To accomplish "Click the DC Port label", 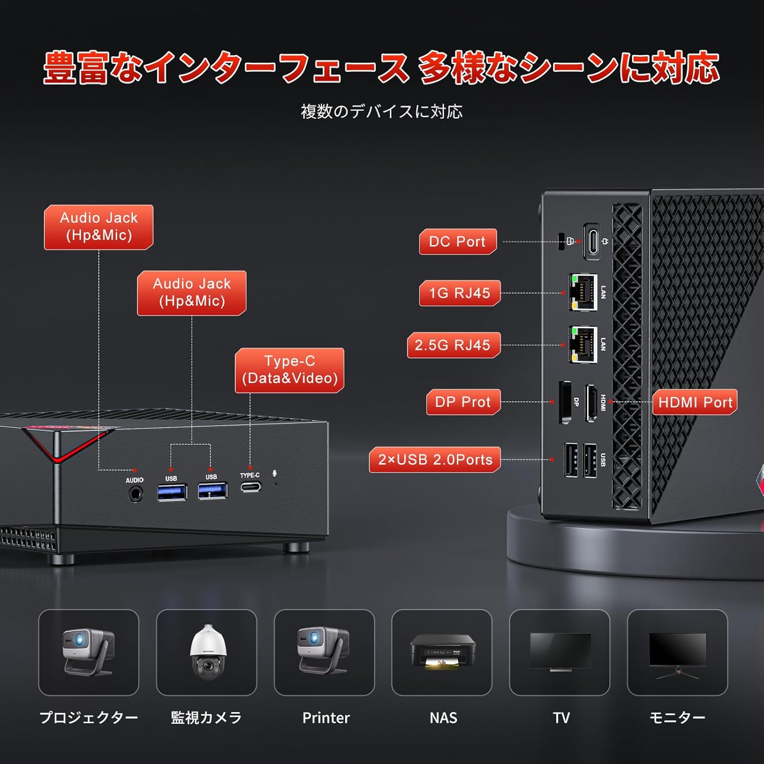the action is pos(457,241).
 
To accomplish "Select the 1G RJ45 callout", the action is pos(459,293).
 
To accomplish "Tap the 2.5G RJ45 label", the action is pos(453,345).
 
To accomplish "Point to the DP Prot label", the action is pos(463,402).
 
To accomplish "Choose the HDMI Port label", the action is pos(695,402).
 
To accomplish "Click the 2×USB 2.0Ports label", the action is pos(435,459).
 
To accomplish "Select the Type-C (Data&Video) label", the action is pos(289,370).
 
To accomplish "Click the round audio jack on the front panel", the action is pos(135,494).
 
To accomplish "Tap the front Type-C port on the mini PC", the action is pos(251,487).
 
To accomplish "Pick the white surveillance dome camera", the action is pos(208,652).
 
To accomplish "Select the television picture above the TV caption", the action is pos(560,652).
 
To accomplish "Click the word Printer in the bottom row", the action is pos(326,718).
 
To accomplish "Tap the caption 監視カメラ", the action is pos(206,718).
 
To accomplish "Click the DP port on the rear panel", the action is pos(565,402).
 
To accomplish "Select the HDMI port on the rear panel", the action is pos(591,403).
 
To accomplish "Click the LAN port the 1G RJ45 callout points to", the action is pos(583,292).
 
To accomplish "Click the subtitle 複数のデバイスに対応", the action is pos(381,112).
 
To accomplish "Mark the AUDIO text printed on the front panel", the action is pos(134,480).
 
